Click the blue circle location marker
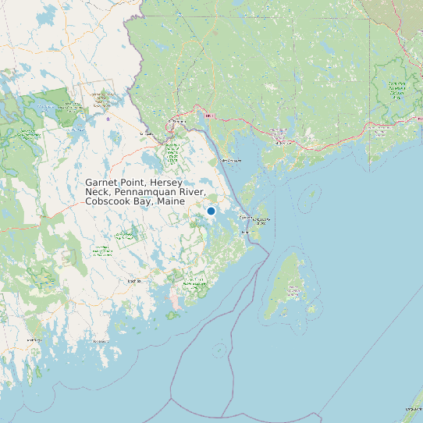coord(211,211)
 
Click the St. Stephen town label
coord(180,123)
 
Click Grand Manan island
coord(291,285)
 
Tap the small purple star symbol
coord(108,119)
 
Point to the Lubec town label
coord(246,233)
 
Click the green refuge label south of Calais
coord(172,151)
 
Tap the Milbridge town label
coord(34,340)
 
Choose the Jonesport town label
coord(101,341)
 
